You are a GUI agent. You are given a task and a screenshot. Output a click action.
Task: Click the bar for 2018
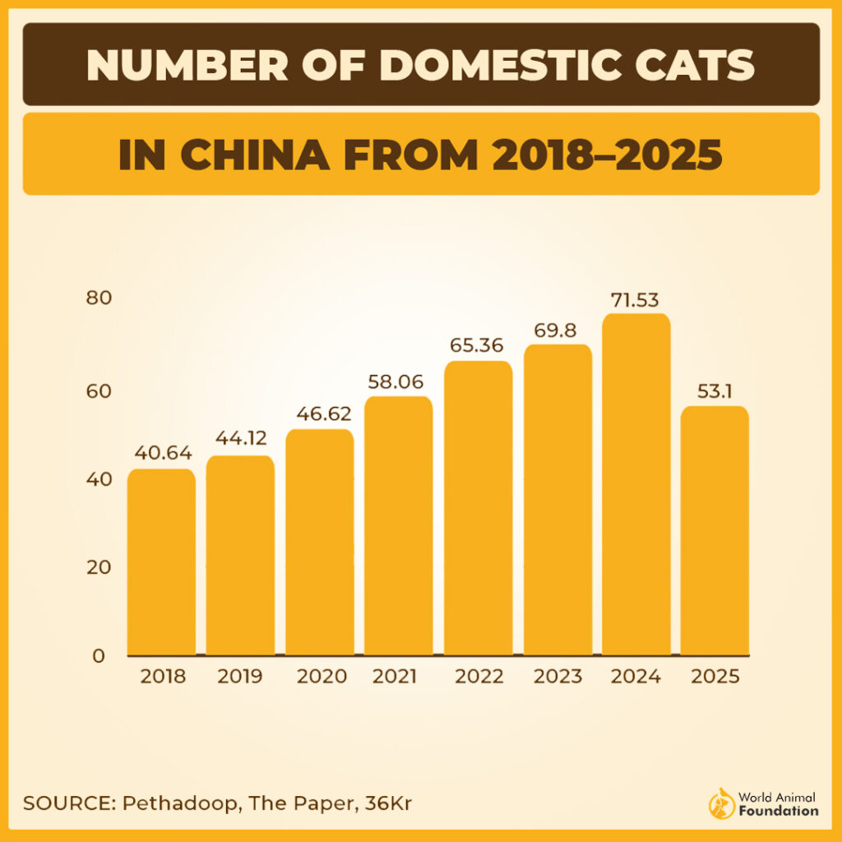click(161, 562)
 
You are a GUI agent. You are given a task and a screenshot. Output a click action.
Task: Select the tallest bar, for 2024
click(636, 485)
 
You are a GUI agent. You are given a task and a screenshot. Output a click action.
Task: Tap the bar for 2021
click(399, 526)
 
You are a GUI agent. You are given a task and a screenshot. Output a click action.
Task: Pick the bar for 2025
click(715, 531)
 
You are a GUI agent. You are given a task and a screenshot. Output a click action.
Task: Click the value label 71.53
click(635, 299)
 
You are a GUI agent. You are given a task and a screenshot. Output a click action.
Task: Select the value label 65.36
click(477, 345)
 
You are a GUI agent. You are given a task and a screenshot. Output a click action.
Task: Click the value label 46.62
click(319, 413)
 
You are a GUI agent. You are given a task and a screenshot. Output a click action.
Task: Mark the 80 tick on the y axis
click(98, 298)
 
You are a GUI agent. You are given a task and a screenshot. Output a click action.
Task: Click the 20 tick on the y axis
click(98, 567)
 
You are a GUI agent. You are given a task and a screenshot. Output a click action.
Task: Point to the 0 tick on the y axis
click(99, 656)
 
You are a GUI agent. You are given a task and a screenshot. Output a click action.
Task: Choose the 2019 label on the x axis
click(240, 677)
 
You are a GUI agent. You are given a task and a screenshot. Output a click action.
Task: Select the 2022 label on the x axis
click(479, 677)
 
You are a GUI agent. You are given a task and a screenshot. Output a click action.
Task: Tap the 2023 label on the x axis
click(557, 677)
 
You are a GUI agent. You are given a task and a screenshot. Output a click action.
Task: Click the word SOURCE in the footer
click(67, 803)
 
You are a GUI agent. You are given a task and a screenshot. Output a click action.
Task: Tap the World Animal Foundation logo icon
click(720, 805)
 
